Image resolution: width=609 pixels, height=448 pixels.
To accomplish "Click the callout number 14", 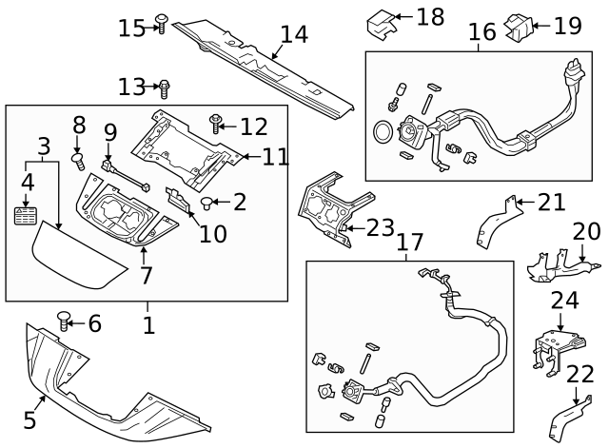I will [x=294, y=34].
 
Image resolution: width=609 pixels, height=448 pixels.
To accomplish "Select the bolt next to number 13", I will [x=164, y=88].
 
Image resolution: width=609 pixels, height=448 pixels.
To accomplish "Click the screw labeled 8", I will [x=79, y=148].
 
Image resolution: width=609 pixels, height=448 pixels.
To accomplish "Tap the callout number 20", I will [x=587, y=231].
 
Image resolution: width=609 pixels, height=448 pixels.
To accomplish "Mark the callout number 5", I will [x=29, y=419].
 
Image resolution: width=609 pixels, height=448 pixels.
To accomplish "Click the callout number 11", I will [x=275, y=156].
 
